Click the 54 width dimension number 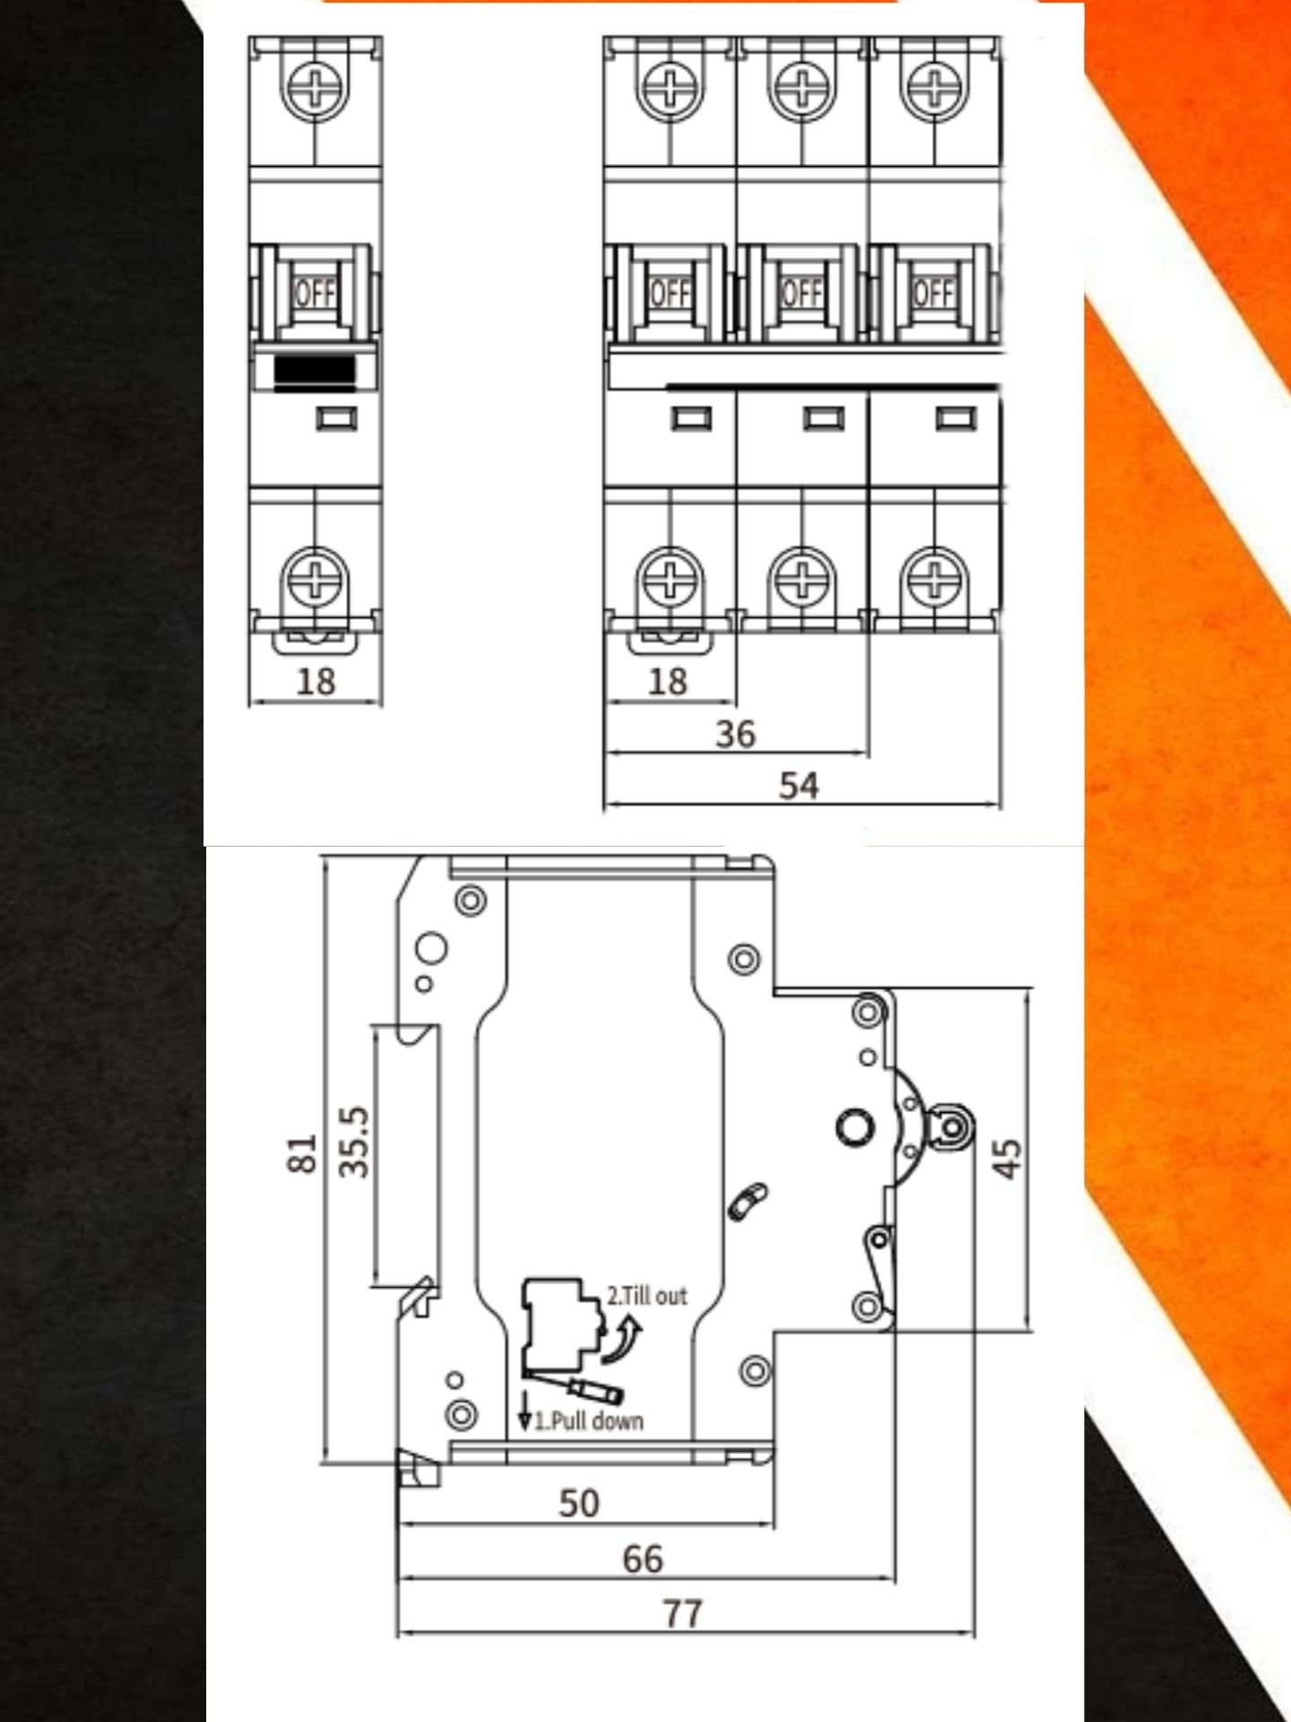(798, 786)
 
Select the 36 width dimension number (735, 734)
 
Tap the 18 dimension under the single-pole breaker (316, 682)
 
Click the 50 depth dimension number (578, 1502)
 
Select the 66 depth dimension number (643, 1559)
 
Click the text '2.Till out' (646, 1296)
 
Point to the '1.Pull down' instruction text (589, 1421)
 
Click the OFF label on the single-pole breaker (315, 292)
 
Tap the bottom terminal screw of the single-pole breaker (315, 575)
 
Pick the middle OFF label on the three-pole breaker (801, 292)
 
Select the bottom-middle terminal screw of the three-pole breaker (801, 575)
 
